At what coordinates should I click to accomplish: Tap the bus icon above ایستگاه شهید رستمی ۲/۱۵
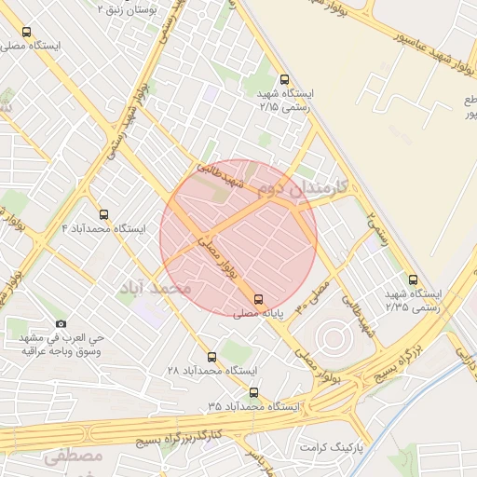pos(284,80)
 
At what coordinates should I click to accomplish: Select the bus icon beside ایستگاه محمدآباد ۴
pos(102,213)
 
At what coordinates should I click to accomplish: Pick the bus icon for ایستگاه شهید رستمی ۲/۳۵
pos(413,279)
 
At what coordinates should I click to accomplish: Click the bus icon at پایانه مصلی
pos(258,299)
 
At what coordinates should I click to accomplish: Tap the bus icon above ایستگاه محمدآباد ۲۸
pos(211,357)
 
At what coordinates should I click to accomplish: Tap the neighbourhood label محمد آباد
pos(154,287)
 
